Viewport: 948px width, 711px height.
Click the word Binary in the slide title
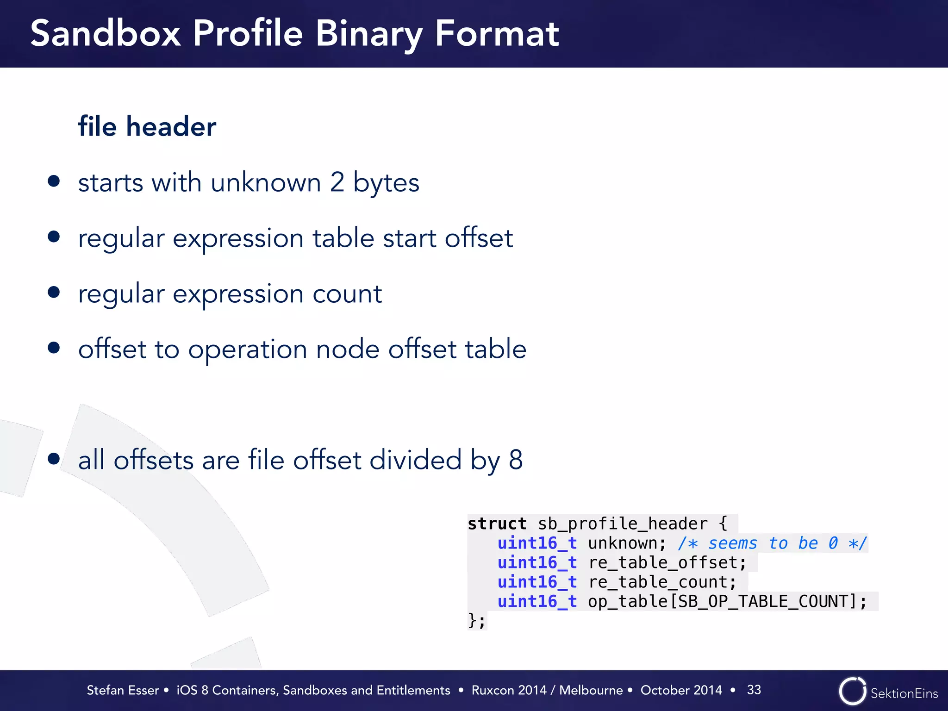(x=368, y=34)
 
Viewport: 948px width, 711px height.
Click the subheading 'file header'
(x=147, y=126)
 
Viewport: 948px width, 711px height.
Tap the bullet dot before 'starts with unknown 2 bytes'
(x=54, y=181)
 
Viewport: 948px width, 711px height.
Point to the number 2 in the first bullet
(x=337, y=182)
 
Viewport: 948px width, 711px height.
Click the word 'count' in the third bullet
(x=347, y=294)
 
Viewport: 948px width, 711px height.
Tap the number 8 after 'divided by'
(x=516, y=460)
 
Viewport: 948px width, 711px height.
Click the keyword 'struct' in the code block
(x=497, y=524)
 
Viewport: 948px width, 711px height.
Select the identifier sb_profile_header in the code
(x=623, y=524)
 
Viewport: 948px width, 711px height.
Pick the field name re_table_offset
(x=667, y=562)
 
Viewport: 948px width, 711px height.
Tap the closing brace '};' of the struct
(x=476, y=620)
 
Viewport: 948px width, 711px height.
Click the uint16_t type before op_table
(x=537, y=601)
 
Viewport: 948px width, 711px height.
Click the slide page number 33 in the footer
(x=754, y=690)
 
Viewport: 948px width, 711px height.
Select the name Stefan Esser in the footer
(x=123, y=690)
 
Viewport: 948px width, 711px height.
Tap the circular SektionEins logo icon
(x=852, y=691)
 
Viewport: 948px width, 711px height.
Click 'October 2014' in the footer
(x=681, y=690)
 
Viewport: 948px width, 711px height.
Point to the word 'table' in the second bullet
(x=343, y=238)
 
